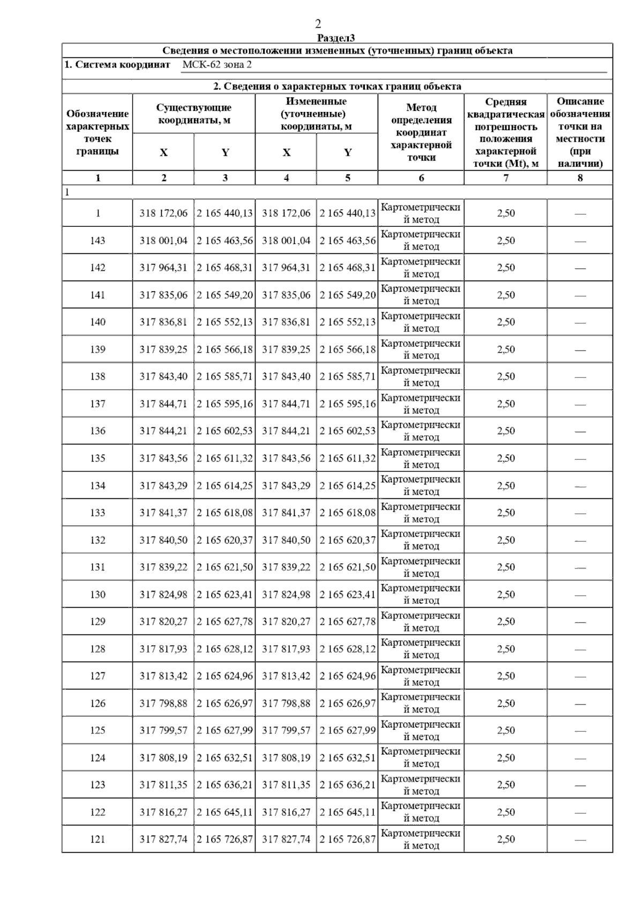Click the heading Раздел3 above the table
(336, 38)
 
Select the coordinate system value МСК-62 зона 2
(216, 65)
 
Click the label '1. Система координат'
(117, 65)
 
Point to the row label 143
(98, 240)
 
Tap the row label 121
(98, 839)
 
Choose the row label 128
(98, 649)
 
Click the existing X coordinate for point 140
(163, 322)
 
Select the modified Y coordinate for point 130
(348, 594)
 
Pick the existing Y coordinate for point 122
(225, 812)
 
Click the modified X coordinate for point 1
(286, 213)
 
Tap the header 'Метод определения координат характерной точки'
(421, 132)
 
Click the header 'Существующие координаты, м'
(194, 113)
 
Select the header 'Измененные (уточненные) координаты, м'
(316, 113)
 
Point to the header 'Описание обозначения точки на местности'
(580, 132)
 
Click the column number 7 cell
(506, 178)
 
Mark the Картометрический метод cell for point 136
(421, 430)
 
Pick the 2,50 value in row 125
(506, 730)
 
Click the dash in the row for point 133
(580, 513)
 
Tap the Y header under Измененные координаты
(348, 153)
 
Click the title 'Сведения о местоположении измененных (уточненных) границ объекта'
(338, 51)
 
